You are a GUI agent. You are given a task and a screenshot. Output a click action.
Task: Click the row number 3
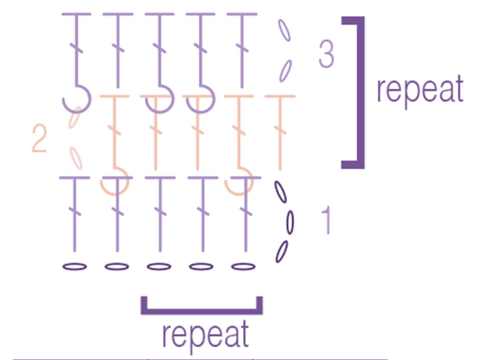coord(326,54)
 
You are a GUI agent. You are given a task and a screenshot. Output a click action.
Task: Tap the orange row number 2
coord(39,138)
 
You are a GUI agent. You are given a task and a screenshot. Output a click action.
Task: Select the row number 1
coord(327,220)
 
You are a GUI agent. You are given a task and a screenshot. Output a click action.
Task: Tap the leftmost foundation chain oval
coord(75,267)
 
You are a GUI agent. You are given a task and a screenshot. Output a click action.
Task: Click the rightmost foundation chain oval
coord(243,267)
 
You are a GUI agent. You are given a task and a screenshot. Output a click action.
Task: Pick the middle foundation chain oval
coord(159,267)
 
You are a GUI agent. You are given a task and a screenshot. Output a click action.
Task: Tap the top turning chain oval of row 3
coord(284,30)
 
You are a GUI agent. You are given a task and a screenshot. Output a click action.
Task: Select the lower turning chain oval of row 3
coord(285,71)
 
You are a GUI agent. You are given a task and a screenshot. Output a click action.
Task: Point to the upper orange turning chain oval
coord(75,117)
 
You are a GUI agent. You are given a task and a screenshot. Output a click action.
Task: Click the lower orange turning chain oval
coord(75,158)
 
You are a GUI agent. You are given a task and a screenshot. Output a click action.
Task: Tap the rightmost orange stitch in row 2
coord(280,133)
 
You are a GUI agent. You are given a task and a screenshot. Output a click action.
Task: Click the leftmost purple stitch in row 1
coord(75,214)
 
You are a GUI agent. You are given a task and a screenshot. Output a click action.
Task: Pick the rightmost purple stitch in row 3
coord(242,51)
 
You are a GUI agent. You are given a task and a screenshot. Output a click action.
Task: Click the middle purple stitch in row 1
coord(160,214)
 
